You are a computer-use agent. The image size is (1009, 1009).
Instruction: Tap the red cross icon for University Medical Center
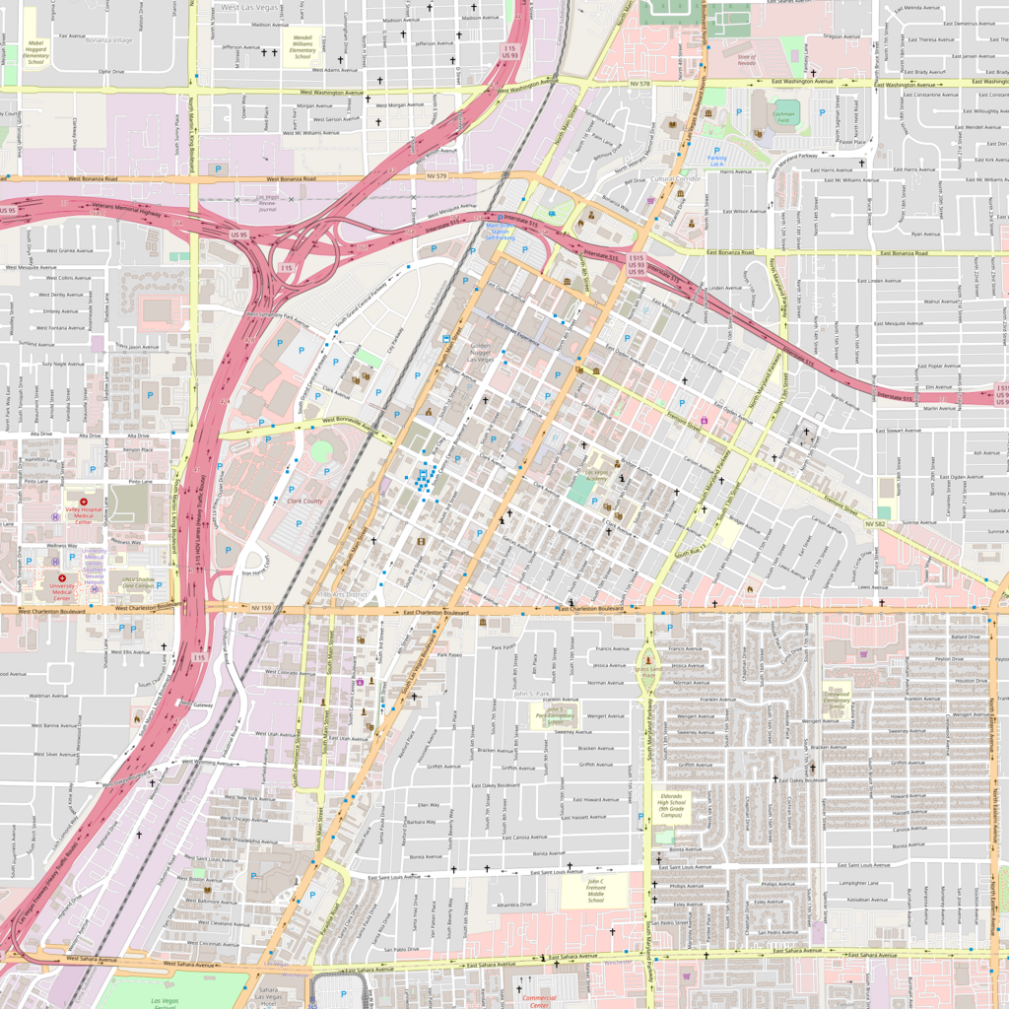pos(62,578)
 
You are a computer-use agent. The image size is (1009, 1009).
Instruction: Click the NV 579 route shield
pos(437,176)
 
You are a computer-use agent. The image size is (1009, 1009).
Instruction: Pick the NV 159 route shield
pos(260,608)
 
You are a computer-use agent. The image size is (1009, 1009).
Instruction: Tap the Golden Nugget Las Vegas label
pos(481,352)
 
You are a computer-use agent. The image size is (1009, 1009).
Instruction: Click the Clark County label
pos(304,501)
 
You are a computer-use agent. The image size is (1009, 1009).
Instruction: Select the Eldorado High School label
pos(671,805)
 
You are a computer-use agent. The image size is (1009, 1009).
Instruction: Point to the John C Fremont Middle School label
pos(595,891)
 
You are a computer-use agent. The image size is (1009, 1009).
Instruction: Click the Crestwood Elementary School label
pos(837,699)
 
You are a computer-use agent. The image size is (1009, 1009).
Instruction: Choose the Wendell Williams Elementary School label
pos(303,47)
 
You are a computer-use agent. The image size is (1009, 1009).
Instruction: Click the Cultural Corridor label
pos(675,178)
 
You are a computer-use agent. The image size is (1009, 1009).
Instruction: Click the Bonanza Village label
pos(108,40)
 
